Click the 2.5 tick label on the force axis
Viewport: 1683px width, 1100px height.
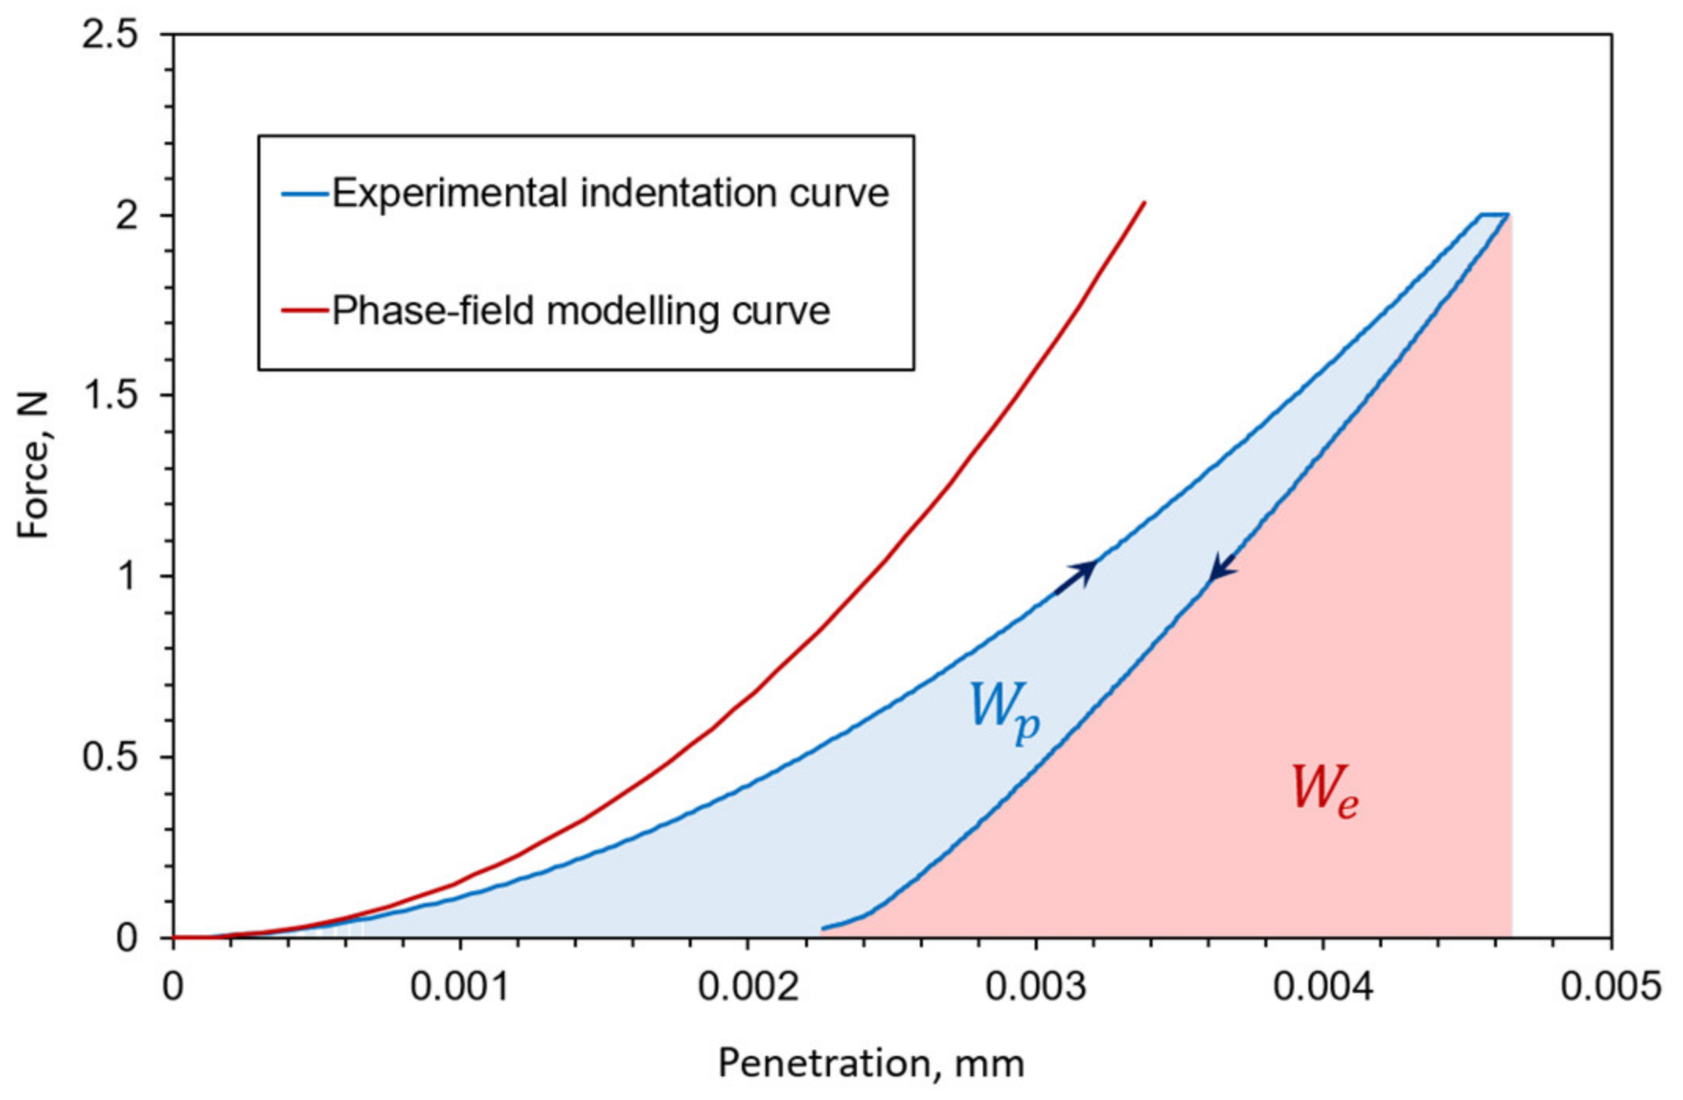coord(109,36)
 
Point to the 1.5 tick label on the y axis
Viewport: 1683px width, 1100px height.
coord(109,396)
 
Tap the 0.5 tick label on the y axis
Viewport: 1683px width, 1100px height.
coord(109,757)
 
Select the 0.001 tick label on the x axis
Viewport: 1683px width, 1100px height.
coord(460,987)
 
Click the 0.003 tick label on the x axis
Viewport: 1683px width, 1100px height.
coord(1035,987)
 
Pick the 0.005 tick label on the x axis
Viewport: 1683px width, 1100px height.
coord(1610,987)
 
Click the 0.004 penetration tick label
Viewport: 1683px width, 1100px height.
coord(1323,987)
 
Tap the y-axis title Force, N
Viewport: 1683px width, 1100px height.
coord(34,466)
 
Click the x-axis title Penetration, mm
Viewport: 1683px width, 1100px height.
coord(871,1064)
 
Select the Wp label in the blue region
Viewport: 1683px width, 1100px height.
coord(1004,711)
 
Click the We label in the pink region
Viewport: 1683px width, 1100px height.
coord(1324,791)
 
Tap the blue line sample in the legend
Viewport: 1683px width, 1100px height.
coord(304,194)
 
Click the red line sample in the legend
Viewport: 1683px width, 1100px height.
coord(304,311)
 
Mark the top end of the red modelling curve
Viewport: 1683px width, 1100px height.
coord(1143,203)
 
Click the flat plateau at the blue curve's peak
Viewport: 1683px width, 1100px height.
coord(1493,214)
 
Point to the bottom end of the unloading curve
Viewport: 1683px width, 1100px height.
coord(825,928)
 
